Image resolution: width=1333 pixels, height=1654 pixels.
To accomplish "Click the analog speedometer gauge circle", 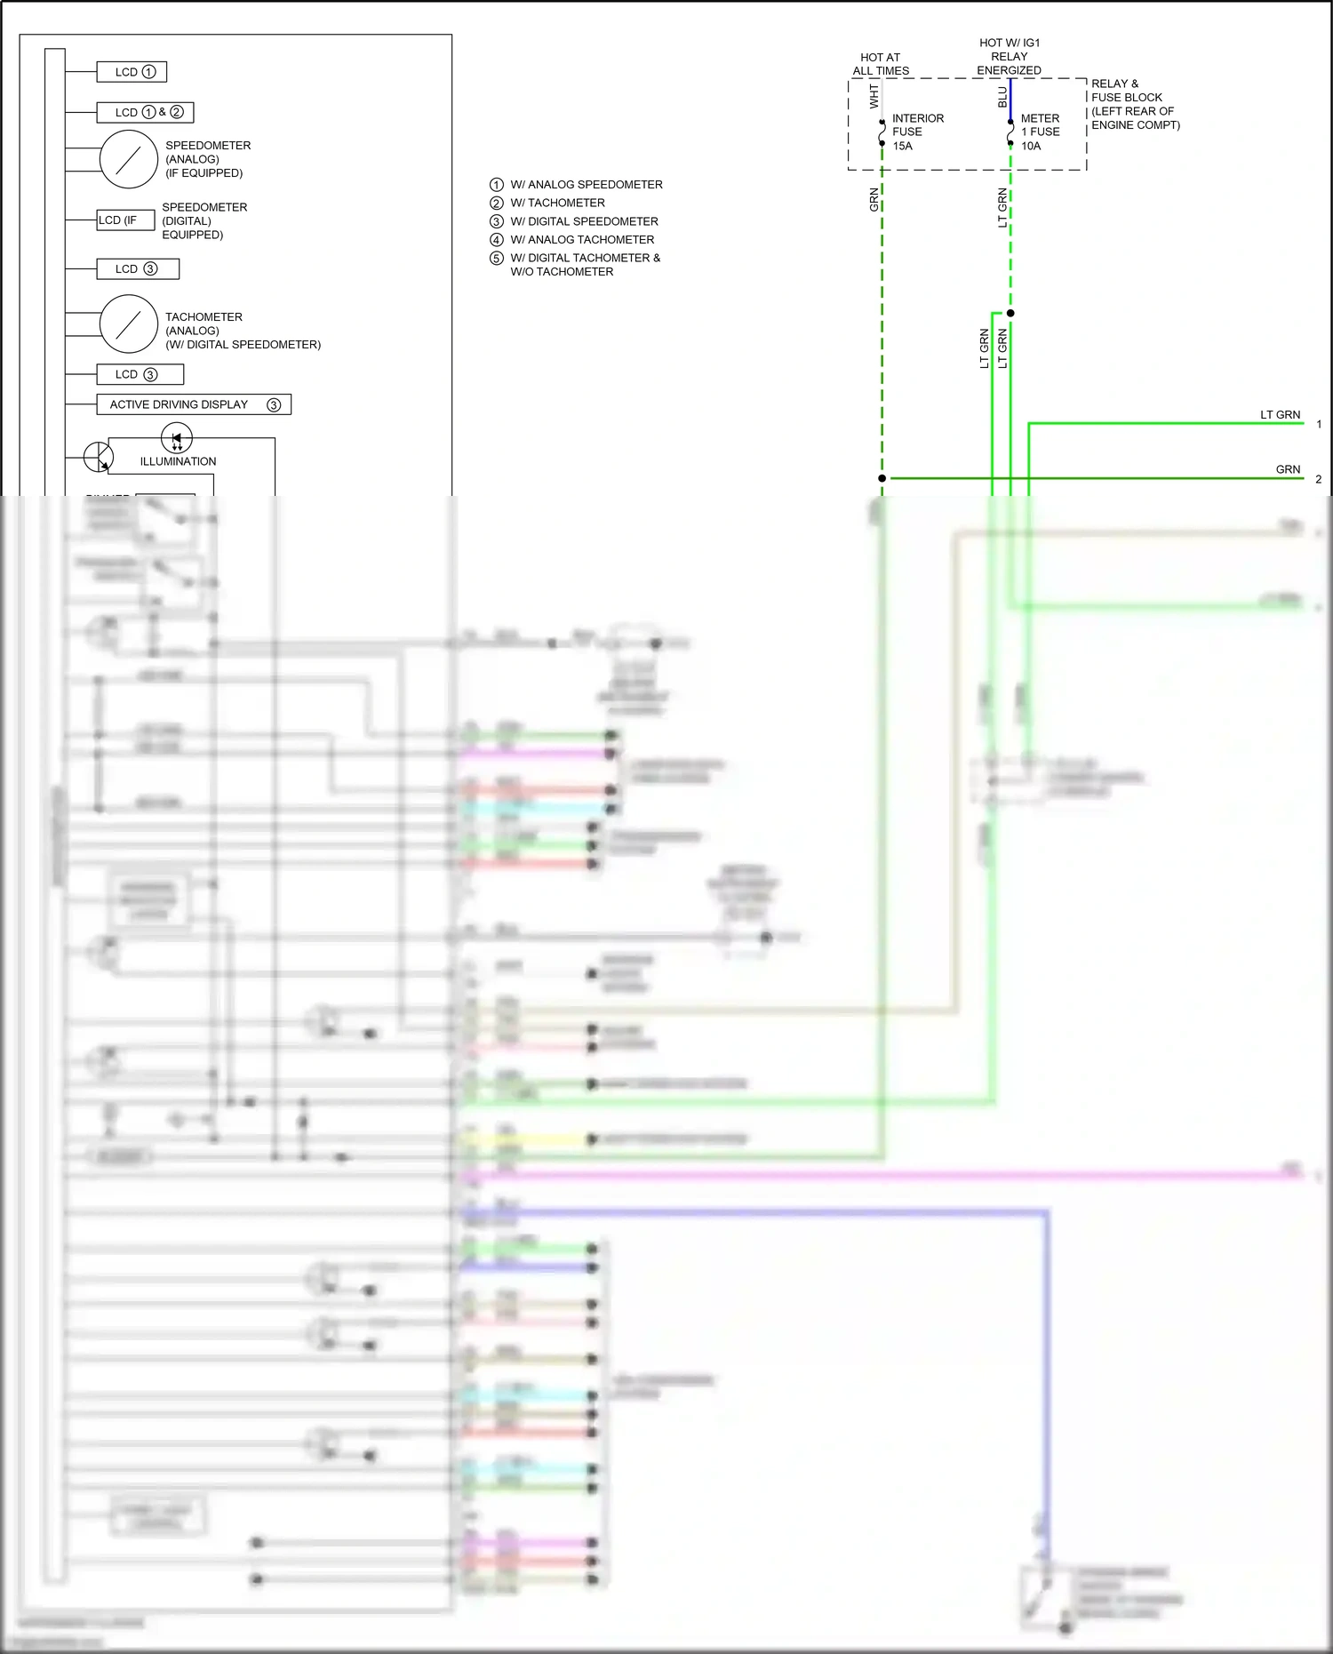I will coord(129,159).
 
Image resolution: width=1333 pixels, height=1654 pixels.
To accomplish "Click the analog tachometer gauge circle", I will coord(129,324).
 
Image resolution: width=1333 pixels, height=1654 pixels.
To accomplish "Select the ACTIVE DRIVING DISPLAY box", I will coord(194,404).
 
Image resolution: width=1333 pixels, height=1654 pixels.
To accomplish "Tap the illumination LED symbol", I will coord(177,438).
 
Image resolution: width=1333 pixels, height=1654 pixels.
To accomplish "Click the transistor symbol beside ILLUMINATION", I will coord(98,457).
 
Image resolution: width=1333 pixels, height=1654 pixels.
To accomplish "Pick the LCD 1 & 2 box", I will coord(145,112).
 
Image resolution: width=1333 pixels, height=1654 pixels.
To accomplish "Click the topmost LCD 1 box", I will coord(132,72).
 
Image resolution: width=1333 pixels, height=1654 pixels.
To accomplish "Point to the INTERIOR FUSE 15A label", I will coord(917,132).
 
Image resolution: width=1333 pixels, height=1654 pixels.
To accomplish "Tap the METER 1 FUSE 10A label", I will coord(1040,132).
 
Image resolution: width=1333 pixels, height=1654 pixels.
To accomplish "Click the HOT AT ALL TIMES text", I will coord(881,64).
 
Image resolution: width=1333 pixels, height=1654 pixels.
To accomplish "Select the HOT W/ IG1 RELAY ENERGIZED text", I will coord(1010,56).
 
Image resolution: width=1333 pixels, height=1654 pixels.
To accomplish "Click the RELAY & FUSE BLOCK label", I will coord(1135,104).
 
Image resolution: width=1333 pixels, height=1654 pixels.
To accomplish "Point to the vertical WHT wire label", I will coord(874,97).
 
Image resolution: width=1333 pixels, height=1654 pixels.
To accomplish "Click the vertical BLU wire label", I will coord(1002,97).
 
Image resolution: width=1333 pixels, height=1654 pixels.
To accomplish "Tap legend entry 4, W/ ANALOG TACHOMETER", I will coord(582,240).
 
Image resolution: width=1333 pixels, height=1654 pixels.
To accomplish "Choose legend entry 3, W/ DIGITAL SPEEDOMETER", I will coord(584,221).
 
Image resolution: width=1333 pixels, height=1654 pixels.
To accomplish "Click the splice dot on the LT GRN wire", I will coord(1010,313).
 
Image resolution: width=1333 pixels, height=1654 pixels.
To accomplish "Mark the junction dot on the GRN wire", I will coord(882,478).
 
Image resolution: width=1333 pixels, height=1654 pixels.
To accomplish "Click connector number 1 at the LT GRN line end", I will coord(1319,424).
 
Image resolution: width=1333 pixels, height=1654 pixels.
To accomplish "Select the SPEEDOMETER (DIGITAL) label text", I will coord(204,220).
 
